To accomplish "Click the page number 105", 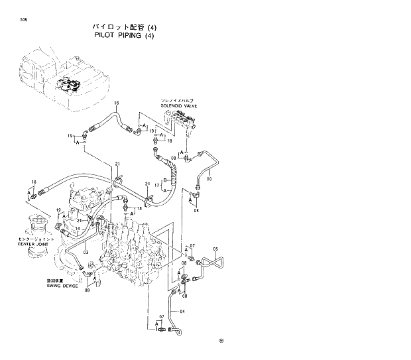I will click(24, 20).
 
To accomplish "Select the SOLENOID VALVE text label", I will click(178, 105).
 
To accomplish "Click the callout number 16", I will click(116, 103).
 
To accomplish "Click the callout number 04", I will click(183, 311).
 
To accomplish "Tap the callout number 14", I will click(77, 229).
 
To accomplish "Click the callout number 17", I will click(156, 187).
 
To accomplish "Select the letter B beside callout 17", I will click(164, 180).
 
